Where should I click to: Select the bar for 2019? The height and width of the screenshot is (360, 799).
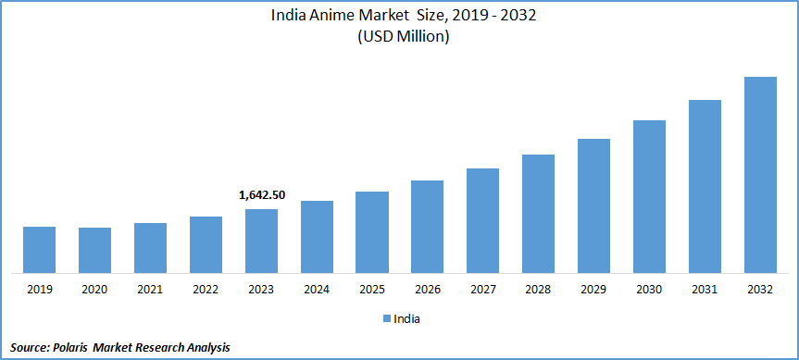[x=39, y=250]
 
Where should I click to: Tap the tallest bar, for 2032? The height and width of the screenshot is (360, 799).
[x=760, y=175]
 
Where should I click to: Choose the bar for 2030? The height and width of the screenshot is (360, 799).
[x=649, y=196]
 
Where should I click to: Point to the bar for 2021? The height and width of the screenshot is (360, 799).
[x=150, y=248]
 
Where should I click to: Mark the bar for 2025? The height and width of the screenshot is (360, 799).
[x=372, y=232]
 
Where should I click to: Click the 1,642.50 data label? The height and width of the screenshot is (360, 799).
[x=261, y=195]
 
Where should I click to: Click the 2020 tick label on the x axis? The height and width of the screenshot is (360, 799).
[x=94, y=290]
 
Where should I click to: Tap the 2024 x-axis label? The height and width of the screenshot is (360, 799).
[x=317, y=290]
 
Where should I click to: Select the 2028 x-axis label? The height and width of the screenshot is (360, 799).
[x=539, y=290]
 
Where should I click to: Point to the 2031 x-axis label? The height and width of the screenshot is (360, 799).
[x=705, y=290]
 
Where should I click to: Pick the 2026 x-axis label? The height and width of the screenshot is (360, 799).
[x=428, y=290]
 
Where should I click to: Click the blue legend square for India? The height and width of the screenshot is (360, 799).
[x=386, y=318]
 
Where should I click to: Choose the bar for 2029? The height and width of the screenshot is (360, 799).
[x=593, y=205]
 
